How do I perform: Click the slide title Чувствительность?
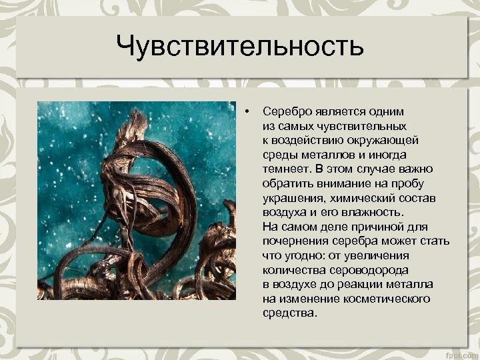point(239,47)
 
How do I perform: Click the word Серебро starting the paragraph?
point(284,111)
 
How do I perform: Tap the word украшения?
point(293,197)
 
